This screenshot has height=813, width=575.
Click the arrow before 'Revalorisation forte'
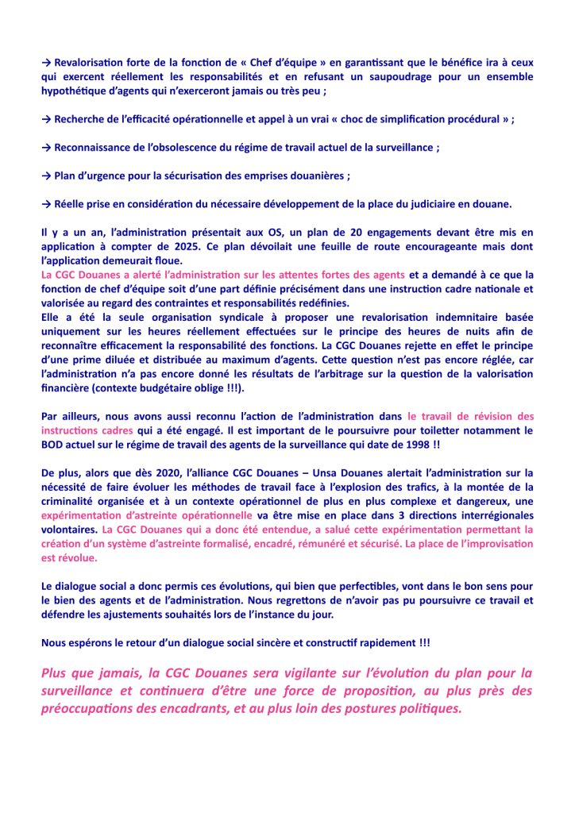[x=47, y=61]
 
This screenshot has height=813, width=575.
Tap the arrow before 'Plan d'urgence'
[x=47, y=175]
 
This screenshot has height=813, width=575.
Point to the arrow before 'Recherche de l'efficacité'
[x=47, y=119]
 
